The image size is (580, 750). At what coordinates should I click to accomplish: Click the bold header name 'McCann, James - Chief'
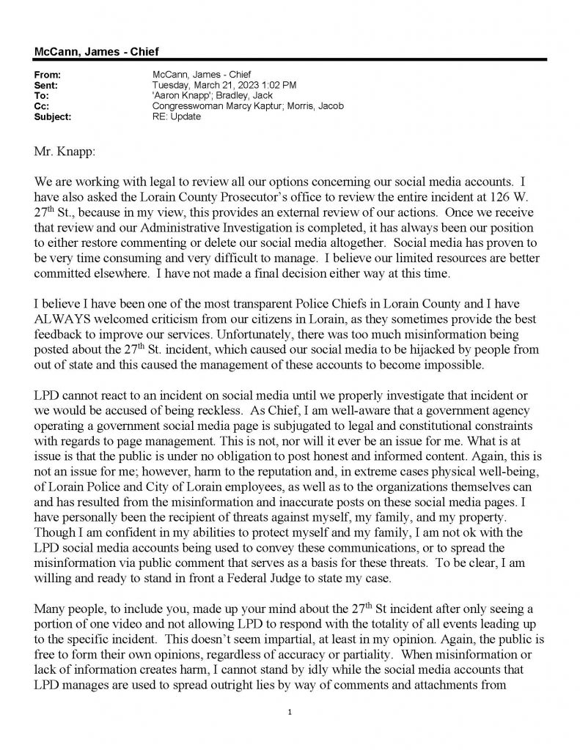pyautogui.click(x=96, y=51)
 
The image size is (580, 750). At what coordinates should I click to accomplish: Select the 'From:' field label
pyautogui.click(x=47, y=75)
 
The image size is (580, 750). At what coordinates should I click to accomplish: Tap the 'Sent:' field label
pyautogui.click(x=46, y=85)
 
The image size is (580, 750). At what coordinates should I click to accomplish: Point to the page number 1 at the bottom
pyautogui.click(x=291, y=711)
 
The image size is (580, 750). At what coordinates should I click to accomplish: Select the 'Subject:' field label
pyautogui.click(x=52, y=116)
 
